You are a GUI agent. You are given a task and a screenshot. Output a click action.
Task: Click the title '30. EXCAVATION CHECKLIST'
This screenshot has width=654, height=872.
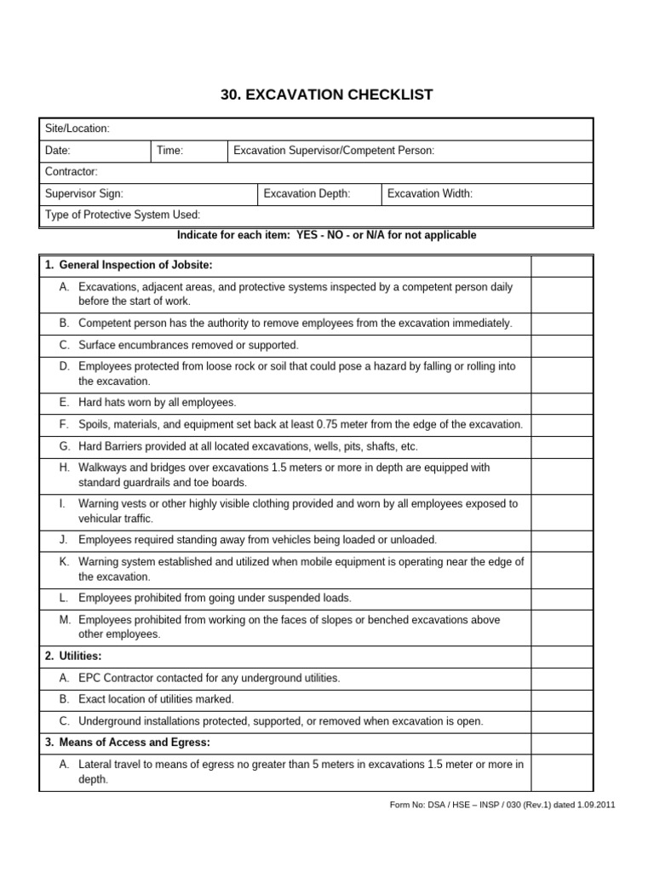click(327, 95)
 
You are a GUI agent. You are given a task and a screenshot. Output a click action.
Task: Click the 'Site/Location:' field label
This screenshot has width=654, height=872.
click(77, 129)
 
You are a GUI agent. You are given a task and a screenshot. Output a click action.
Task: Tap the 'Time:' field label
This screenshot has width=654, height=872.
click(170, 151)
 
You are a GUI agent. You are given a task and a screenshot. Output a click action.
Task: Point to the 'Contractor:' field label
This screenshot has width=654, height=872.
click(72, 172)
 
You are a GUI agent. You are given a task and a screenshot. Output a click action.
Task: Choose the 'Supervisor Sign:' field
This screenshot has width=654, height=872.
click(84, 194)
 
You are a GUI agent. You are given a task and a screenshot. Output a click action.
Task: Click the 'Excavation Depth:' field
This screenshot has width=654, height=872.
click(307, 194)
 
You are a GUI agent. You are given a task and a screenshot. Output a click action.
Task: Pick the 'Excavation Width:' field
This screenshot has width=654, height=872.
click(429, 194)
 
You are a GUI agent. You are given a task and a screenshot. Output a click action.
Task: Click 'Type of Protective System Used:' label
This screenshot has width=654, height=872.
click(123, 215)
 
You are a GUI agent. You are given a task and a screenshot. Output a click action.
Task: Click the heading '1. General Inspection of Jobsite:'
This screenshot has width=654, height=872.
click(129, 265)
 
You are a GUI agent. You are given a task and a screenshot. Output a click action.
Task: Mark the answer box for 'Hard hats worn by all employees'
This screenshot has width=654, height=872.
click(562, 402)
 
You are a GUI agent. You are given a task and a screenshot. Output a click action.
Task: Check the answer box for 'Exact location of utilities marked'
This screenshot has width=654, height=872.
click(562, 699)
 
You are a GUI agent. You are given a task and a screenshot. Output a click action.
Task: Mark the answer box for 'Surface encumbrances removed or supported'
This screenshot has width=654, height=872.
click(562, 346)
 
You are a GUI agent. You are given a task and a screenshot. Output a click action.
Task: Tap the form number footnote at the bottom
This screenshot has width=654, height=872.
click(502, 804)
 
